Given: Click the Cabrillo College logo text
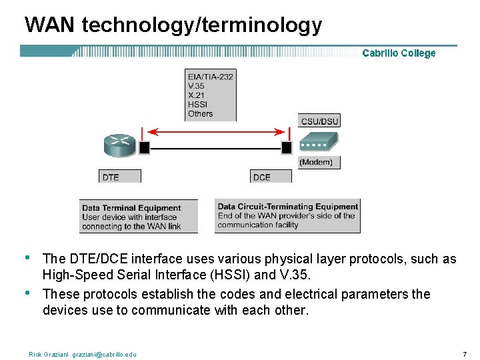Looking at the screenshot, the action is click(399, 53).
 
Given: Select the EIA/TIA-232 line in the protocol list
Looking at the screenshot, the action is click(210, 77).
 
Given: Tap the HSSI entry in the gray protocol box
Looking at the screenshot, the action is click(197, 105).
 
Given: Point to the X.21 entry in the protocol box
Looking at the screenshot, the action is click(197, 95).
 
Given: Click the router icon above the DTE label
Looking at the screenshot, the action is click(119, 145).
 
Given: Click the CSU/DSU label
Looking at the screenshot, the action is click(320, 121).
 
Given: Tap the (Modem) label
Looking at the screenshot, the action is click(316, 162).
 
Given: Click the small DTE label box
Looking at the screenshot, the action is click(111, 177).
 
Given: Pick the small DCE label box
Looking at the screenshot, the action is click(262, 177).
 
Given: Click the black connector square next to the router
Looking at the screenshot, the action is click(144, 147).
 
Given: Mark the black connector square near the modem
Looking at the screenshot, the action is click(287, 147).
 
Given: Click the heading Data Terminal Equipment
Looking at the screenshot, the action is click(131, 208).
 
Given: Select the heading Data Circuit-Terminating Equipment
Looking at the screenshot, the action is click(287, 207).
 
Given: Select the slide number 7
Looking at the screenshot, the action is click(463, 353).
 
